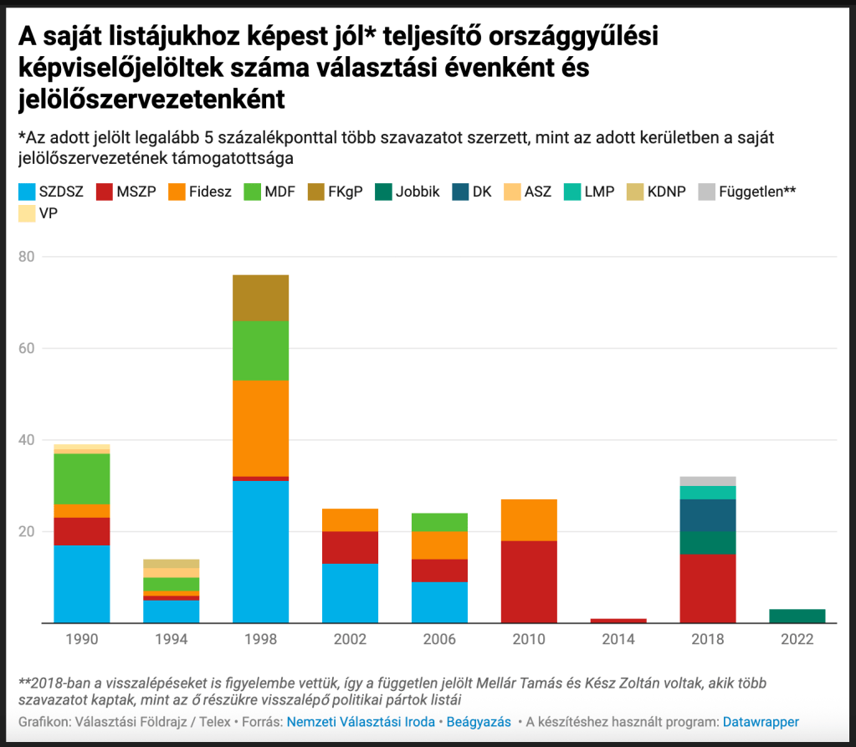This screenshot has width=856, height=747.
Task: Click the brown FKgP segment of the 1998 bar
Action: [x=260, y=298]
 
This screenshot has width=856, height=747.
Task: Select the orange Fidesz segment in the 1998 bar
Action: [x=260, y=428]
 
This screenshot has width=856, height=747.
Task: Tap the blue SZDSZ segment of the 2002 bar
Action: [x=350, y=593]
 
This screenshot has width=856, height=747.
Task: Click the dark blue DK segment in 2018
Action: [x=707, y=515]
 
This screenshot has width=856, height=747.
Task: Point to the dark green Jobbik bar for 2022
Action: [x=797, y=616]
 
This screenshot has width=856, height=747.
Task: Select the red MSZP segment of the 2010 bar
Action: [x=529, y=581]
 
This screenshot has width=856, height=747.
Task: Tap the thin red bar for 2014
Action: [x=618, y=621]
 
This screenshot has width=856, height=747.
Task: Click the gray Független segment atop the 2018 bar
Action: [x=707, y=480]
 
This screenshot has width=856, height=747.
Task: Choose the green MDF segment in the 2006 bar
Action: [x=439, y=522]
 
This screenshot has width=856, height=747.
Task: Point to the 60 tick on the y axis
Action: [x=26, y=348]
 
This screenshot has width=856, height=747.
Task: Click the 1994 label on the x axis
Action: [x=171, y=640]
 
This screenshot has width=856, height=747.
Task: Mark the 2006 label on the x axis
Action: [x=439, y=640]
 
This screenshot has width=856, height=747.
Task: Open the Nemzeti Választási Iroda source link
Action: [x=361, y=721]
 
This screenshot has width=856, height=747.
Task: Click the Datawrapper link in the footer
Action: [x=761, y=721]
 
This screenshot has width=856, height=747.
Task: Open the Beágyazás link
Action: [x=479, y=721]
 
